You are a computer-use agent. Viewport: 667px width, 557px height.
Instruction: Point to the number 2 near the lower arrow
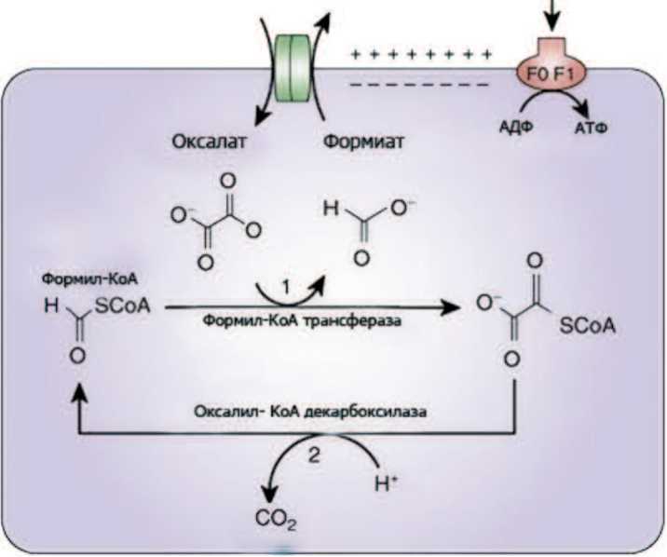pyautogui.click(x=313, y=453)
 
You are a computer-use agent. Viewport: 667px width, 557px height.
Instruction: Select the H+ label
pyautogui.click(x=385, y=484)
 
